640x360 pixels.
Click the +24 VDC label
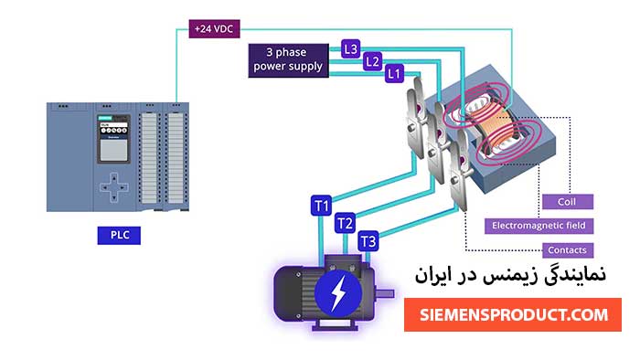click(x=213, y=28)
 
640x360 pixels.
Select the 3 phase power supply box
click(x=289, y=58)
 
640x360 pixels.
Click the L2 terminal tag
click(x=372, y=60)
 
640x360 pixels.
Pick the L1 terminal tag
click(x=395, y=72)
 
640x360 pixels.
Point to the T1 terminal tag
click(x=321, y=206)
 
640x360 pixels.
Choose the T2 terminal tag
click(x=345, y=223)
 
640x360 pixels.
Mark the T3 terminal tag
click(x=368, y=241)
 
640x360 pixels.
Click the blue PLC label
click(x=120, y=236)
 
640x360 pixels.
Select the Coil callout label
click(x=566, y=201)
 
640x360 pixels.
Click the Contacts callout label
click(x=567, y=249)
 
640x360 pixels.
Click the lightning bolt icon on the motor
click(x=339, y=293)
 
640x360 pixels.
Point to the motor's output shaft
click(x=387, y=293)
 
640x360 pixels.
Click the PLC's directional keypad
click(x=114, y=188)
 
